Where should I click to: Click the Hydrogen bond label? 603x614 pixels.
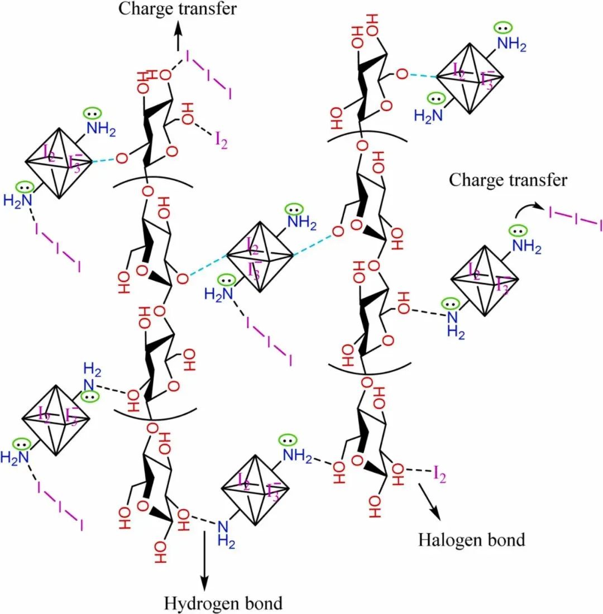(223, 603)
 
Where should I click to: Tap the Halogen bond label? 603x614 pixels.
(472, 540)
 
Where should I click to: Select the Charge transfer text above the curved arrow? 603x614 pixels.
(508, 180)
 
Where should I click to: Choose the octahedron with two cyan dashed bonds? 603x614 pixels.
(259, 257)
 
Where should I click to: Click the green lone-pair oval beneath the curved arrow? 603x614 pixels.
(519, 229)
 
